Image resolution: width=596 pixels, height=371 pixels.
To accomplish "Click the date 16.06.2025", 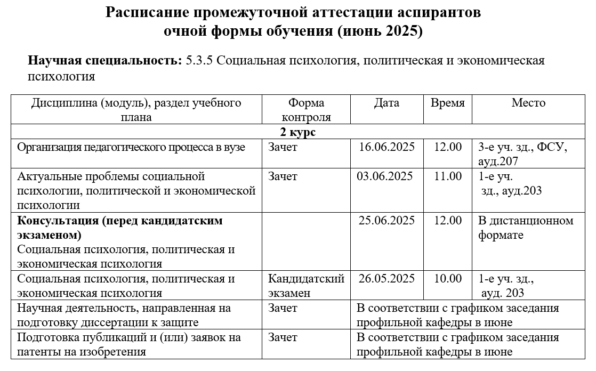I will coord(386,147).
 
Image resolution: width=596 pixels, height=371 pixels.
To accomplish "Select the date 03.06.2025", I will coord(384,176).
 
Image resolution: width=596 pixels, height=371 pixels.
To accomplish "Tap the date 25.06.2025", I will coord(386,221).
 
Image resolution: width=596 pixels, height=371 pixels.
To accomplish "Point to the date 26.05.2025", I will coord(386,279).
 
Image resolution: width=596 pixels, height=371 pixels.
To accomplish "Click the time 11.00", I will coord(448,176).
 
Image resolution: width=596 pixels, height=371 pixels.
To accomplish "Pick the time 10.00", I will coord(448,279).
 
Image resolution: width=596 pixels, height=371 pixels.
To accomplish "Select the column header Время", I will coord(448,103).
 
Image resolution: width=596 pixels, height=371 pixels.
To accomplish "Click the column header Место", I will coord(528,103).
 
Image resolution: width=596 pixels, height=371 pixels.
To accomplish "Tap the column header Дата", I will coord(386,103).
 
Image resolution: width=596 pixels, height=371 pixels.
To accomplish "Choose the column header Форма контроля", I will coord(306,110).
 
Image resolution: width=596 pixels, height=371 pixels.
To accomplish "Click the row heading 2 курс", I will coord(298,132).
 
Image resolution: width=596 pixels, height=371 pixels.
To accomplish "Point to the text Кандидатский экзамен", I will coord(306,286).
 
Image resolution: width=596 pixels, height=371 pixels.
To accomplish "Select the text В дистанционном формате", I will coord(526,228).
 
